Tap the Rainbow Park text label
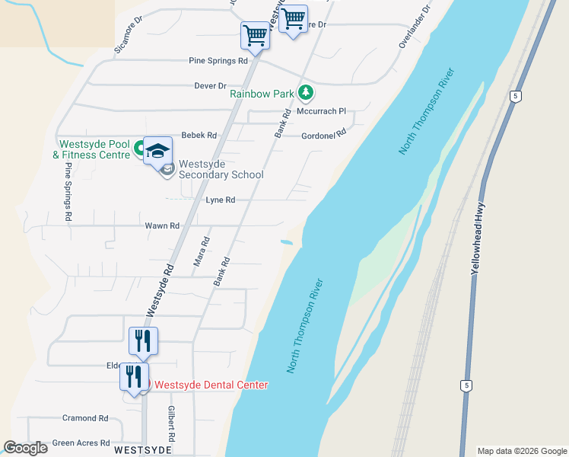[x=262, y=94]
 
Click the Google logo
[x=26, y=448]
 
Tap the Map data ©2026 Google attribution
[x=521, y=451]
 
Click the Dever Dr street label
[x=211, y=86]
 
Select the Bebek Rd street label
[x=199, y=136]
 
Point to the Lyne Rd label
[x=221, y=200]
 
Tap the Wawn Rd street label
[x=162, y=226]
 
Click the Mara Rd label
[x=202, y=255]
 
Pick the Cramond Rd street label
[x=86, y=418]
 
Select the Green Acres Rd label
[x=81, y=443]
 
